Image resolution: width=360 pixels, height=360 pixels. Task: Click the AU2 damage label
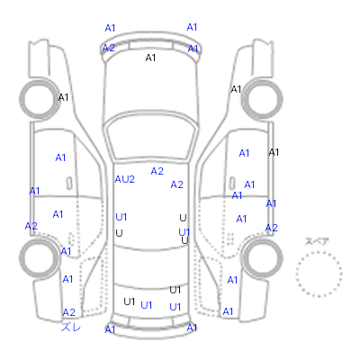(125, 179)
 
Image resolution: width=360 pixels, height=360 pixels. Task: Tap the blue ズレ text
(71, 327)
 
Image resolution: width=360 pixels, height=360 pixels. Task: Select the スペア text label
(317, 241)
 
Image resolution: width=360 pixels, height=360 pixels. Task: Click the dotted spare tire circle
(319, 252)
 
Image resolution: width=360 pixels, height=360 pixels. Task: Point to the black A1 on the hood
(150, 58)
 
